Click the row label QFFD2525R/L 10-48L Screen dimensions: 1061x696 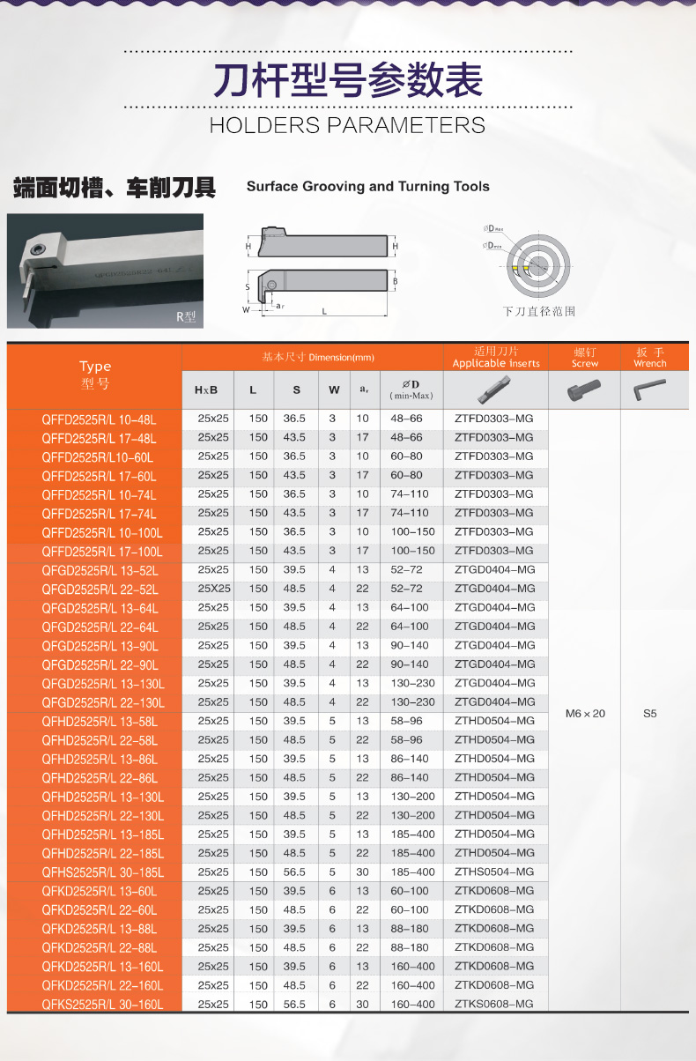[x=99, y=419]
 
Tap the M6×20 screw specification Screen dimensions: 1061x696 [x=585, y=713]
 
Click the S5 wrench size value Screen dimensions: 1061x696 [x=650, y=713]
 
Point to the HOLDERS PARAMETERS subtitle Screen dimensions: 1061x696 [x=347, y=125]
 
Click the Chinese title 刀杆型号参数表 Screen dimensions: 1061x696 [x=347, y=81]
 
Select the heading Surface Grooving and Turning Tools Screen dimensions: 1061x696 [x=367, y=187]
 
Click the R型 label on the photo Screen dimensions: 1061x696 [x=185, y=316]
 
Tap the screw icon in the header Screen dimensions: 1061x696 [x=585, y=389]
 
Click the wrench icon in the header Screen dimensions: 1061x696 [x=650, y=389]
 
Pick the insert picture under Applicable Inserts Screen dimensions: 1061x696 [x=494, y=390]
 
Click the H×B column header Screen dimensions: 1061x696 [x=206, y=390]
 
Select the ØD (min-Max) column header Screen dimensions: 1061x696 [x=411, y=390]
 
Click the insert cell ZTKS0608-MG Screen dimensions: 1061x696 [x=494, y=1004]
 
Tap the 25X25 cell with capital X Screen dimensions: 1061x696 [x=214, y=589]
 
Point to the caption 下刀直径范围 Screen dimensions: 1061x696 [x=538, y=312]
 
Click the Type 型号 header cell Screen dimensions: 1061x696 [x=94, y=375]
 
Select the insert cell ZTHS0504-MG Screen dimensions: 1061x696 [x=494, y=872]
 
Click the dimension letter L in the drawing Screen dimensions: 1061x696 [x=324, y=311]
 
